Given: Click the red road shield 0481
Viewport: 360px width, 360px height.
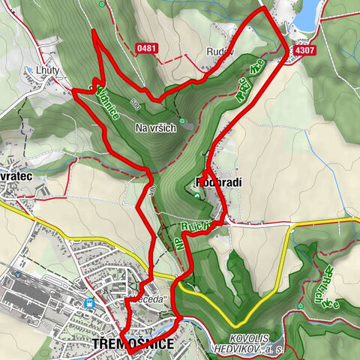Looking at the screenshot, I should pyautogui.click(x=148, y=49).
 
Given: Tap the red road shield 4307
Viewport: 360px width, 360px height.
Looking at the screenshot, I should pyautogui.click(x=304, y=51).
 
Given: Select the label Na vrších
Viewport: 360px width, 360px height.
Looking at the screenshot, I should pyautogui.click(x=155, y=128).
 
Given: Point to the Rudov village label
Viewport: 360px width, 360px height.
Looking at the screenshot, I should pyautogui.click(x=220, y=52).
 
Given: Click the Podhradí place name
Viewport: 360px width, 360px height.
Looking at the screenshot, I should pyautogui.click(x=217, y=182).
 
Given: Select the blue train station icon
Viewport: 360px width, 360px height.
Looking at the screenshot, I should pyautogui.click(x=90, y=304).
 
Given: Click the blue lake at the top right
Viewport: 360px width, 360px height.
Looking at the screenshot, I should pyautogui.click(x=308, y=13).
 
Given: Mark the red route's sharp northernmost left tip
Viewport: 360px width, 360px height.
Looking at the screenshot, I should pyautogui.click(x=91, y=31).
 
